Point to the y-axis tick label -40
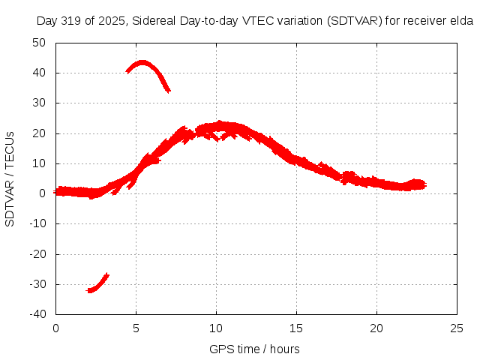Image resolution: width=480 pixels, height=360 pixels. click(x=37, y=314)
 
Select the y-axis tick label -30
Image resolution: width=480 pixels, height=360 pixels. click(x=37, y=284)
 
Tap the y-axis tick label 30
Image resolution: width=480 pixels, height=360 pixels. click(x=40, y=103)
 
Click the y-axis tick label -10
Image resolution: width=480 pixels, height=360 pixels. click(x=37, y=223)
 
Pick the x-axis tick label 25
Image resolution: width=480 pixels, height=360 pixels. click(x=457, y=328)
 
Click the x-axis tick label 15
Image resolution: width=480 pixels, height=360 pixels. click(x=297, y=328)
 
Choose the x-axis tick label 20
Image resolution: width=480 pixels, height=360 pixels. click(x=377, y=328)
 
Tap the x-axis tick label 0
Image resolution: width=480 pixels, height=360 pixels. click(x=56, y=328)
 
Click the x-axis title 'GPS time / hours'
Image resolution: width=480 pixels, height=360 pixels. click(x=254, y=349)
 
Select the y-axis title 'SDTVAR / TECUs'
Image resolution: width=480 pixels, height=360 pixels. click(x=10, y=178)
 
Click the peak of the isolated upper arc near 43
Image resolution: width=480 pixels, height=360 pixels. click(x=142, y=62)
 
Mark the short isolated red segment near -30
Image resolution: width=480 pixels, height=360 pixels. click(x=98, y=283)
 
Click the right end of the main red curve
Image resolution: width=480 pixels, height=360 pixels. click(x=424, y=184)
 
